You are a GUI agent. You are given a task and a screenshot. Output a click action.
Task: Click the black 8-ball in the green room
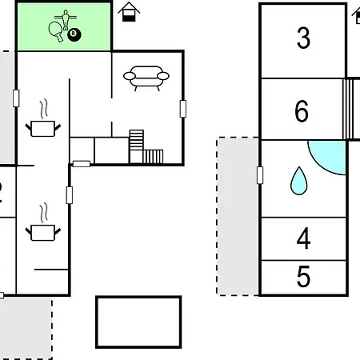[74, 35]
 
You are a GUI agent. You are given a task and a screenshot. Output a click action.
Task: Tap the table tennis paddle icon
[56, 31]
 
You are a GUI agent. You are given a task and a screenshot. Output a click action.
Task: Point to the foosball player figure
[66, 19]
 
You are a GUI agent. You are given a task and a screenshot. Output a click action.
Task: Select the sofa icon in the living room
[146, 78]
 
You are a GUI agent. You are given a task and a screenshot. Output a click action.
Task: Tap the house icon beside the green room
[129, 12]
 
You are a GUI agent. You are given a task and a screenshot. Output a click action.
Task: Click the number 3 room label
[303, 38]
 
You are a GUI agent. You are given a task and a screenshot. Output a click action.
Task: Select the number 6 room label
[302, 111]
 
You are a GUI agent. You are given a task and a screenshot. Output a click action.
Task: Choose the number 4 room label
[303, 238]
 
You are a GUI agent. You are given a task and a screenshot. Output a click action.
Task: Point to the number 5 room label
[303, 277]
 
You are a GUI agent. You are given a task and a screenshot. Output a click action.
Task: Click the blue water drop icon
[299, 182]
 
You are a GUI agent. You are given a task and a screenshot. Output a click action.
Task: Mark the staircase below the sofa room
[146, 146]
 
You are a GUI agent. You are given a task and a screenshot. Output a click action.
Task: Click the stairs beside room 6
[348, 109]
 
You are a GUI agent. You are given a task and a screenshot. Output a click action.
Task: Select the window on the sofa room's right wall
[183, 109]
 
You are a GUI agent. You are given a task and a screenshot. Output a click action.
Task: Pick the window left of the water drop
[260, 175]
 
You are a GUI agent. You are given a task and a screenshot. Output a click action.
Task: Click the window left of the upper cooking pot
[16, 98]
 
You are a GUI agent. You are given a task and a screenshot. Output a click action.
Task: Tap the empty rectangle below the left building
[138, 322]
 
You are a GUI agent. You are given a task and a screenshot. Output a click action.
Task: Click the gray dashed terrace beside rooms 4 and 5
[238, 216]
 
